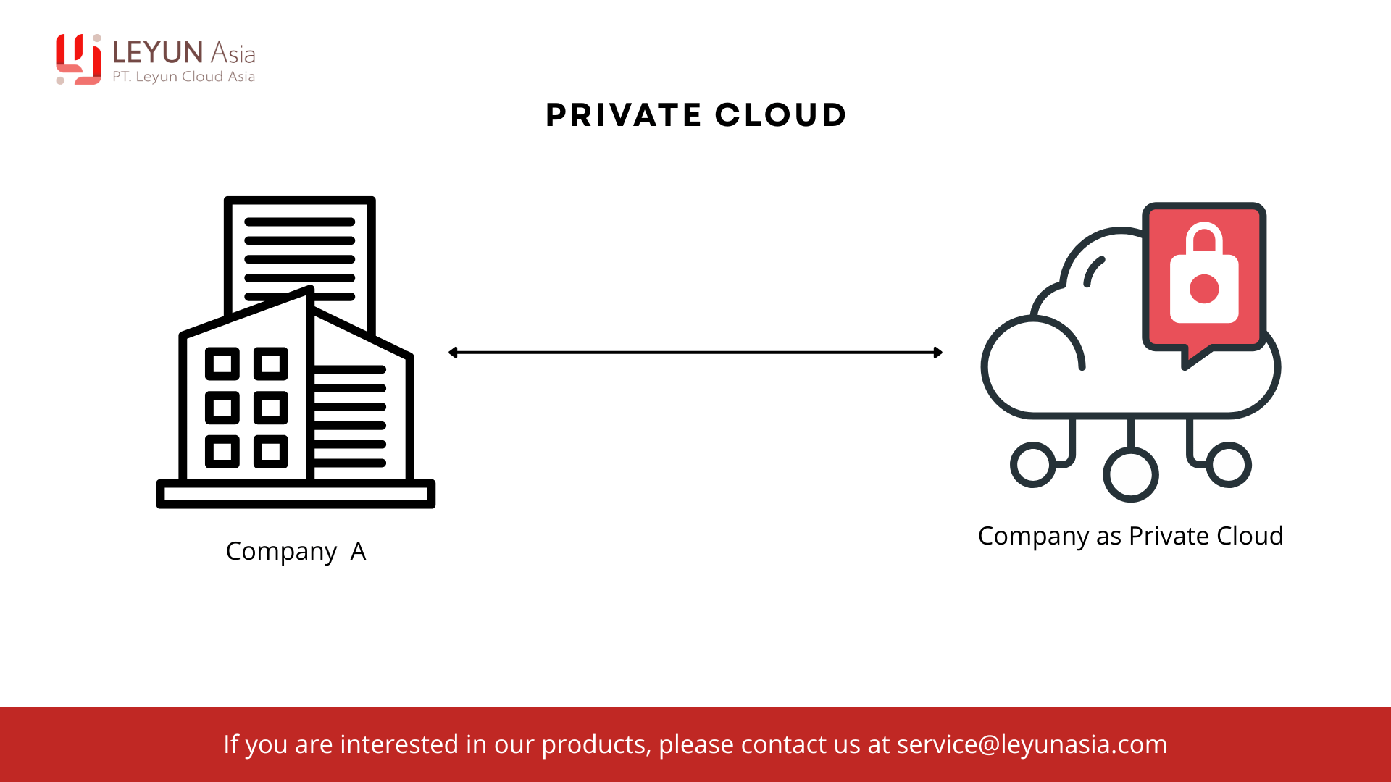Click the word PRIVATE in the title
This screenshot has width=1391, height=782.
(623, 115)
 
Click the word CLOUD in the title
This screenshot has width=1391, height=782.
(780, 115)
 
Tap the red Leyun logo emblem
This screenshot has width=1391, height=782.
(78, 59)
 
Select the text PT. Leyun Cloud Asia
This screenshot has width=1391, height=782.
(183, 77)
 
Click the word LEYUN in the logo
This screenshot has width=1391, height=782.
(157, 52)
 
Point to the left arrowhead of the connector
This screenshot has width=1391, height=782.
(453, 353)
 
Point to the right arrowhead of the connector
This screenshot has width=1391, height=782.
(938, 353)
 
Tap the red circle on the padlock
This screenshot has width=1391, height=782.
(1204, 289)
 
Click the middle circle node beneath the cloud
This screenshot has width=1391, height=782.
(1130, 474)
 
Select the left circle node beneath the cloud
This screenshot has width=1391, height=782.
(1032, 465)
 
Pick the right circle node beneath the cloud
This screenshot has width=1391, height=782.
(1229, 465)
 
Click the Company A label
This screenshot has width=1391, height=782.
(296, 551)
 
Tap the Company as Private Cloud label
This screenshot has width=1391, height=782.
(1130, 536)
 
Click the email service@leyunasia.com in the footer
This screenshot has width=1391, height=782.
(1032, 744)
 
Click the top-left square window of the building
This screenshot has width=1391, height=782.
(222, 363)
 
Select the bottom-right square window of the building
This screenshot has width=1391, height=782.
(271, 452)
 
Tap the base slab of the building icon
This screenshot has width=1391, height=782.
(296, 494)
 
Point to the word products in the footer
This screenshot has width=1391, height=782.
(595, 744)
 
